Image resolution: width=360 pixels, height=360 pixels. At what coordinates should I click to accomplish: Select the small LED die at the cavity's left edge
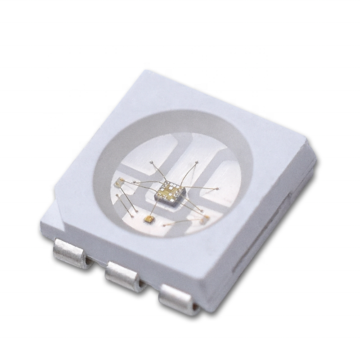[120, 182]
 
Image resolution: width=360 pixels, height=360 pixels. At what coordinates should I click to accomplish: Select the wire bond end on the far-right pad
[217, 189]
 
